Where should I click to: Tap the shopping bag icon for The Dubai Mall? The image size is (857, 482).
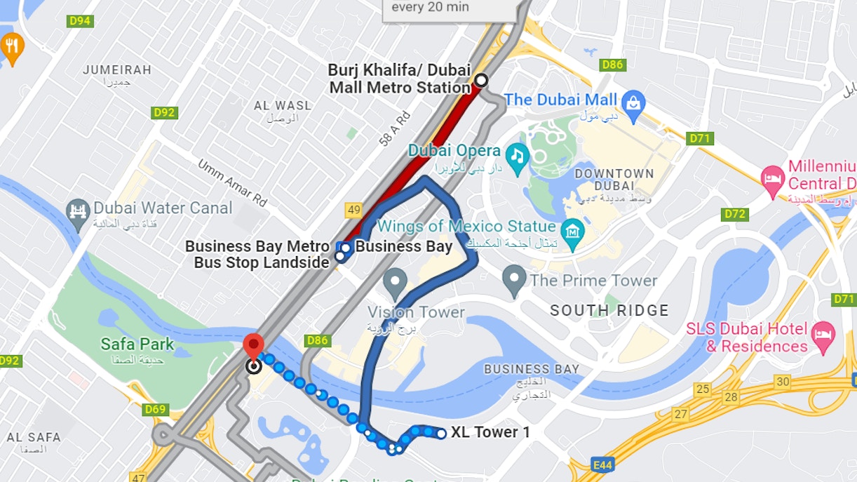coord(633,101)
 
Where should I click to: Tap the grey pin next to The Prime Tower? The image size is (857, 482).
coord(514,281)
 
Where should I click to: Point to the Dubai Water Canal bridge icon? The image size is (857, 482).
coord(77,210)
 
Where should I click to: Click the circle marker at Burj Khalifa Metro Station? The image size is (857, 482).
coord(481,80)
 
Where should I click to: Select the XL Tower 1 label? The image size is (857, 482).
coord(490,432)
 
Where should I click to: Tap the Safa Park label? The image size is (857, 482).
coord(137,344)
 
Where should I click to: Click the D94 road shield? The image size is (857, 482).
coord(81,21)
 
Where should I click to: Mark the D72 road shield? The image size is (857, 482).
coord(735,214)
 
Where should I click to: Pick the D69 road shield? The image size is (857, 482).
coord(155,410)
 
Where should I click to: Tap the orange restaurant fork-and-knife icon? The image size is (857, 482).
coord(11,46)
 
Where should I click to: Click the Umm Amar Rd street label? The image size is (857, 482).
coord(232,182)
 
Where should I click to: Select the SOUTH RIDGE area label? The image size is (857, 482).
coord(609,310)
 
